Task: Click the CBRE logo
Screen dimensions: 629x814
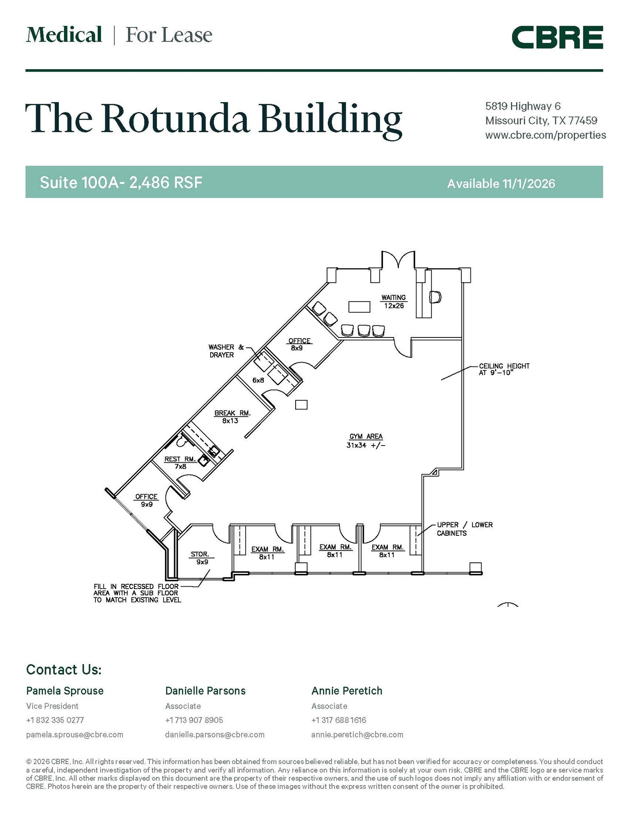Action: (557, 37)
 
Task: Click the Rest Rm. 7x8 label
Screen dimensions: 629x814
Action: (180, 463)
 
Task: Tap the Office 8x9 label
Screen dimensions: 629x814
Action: (300, 344)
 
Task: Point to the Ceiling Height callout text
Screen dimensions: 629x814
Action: (504, 369)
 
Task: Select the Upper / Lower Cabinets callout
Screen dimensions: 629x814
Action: (464, 529)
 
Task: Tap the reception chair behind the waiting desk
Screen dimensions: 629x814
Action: (435, 297)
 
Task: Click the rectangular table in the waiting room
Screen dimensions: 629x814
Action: (359, 307)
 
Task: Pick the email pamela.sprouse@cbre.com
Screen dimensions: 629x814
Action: (75, 735)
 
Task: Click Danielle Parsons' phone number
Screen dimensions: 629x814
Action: (194, 720)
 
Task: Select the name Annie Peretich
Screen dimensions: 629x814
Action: (347, 691)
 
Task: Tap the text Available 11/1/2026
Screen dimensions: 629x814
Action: (501, 183)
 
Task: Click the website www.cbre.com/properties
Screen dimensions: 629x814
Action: (546, 135)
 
